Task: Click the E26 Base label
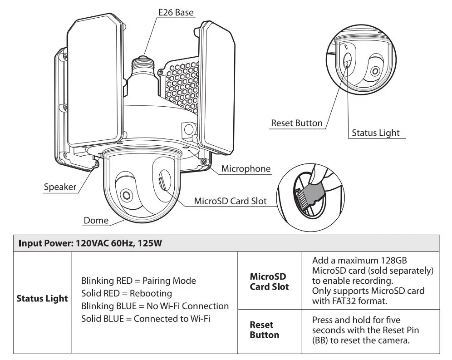pos(176,12)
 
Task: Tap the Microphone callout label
pos(246,169)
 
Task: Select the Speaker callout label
pos(60,187)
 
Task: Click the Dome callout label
pos(96,221)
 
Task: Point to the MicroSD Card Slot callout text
pos(230,201)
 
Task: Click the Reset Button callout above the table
pos(296,123)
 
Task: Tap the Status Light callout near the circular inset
pos(376,133)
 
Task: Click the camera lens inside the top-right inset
pos(375,71)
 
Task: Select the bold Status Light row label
pos(42,299)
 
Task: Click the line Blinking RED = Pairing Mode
pos(138,281)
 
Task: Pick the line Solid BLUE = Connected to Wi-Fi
pos(145,319)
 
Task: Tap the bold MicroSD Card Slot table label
pos(269,281)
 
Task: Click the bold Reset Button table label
pos(264,330)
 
